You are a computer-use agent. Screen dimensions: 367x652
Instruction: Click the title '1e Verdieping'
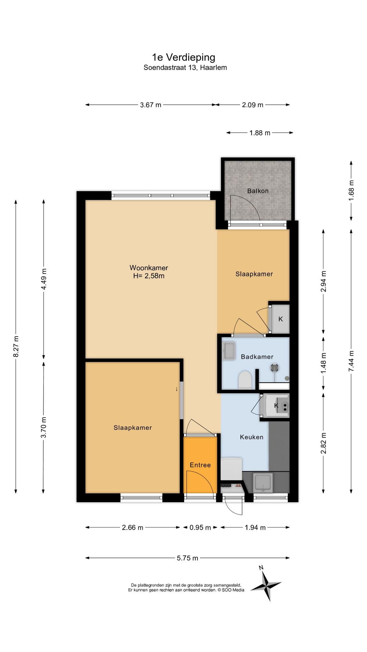click(183, 57)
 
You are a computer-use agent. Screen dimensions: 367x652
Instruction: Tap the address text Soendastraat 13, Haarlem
click(185, 67)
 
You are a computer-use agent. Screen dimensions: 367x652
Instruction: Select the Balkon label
click(258, 191)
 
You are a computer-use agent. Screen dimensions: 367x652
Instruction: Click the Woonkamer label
click(149, 268)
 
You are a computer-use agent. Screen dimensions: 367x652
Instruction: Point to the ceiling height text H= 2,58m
click(149, 276)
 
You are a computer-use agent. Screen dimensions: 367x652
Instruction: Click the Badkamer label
click(257, 357)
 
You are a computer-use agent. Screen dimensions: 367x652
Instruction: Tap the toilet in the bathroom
click(245, 380)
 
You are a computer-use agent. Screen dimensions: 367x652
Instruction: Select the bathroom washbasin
click(229, 351)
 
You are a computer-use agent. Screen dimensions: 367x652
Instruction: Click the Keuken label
click(252, 437)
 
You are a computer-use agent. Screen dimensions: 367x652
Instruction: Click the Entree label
click(200, 465)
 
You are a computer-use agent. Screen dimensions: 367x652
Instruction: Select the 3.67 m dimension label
click(151, 105)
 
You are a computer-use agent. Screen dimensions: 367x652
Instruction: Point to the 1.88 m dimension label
click(260, 133)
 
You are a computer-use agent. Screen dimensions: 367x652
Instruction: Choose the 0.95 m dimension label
click(200, 528)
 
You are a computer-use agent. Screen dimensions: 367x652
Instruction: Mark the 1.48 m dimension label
click(324, 363)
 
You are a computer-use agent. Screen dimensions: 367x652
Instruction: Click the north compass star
click(266, 585)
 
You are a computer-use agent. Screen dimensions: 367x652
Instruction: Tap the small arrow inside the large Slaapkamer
click(176, 389)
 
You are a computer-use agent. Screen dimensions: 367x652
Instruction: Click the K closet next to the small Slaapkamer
click(280, 319)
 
